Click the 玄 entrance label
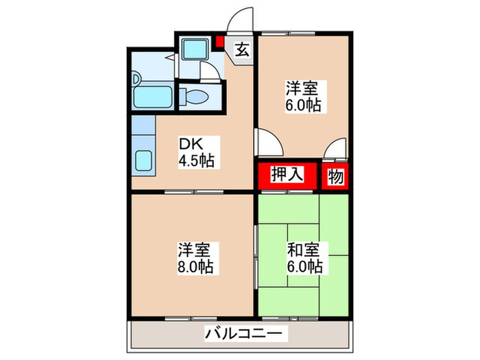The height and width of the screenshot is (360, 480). point(243,49)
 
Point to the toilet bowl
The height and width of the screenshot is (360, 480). point(197,95)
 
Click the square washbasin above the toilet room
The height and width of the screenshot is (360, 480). point(194,50)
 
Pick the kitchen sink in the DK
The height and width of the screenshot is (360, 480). point(145,162)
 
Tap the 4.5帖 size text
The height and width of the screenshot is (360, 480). point(196,162)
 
